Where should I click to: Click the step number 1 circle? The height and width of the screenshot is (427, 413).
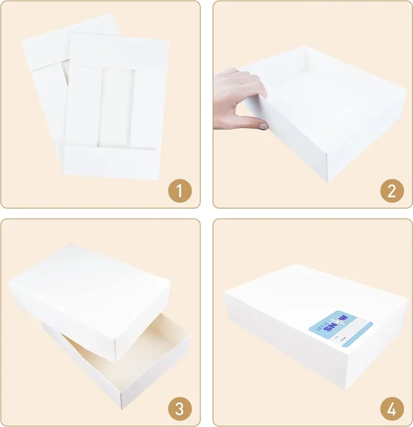[180, 191]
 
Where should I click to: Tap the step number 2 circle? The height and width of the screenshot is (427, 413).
[391, 191]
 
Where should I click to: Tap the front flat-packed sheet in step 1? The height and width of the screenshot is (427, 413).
[114, 103]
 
